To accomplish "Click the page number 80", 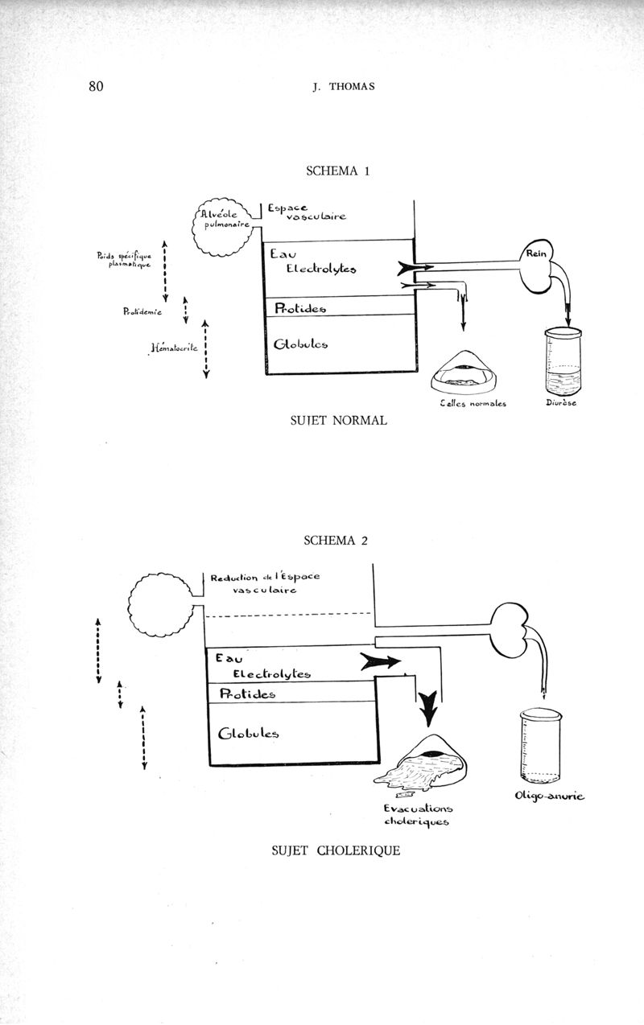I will pyautogui.click(x=97, y=87).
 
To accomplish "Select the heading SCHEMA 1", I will pyautogui.click(x=337, y=171).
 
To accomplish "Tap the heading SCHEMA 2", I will pyautogui.click(x=336, y=540).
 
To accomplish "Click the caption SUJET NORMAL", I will pyautogui.click(x=337, y=420).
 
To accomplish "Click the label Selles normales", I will pyautogui.click(x=473, y=403).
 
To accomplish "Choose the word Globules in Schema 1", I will pyautogui.click(x=300, y=344).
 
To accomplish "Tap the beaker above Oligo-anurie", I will pyautogui.click(x=534, y=744).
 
